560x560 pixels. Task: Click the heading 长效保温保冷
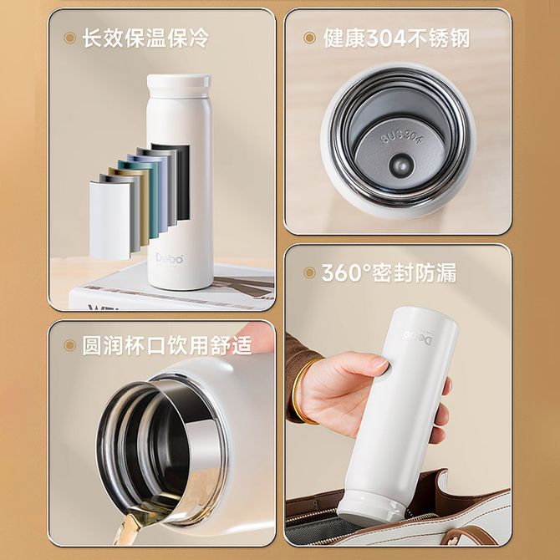[145, 38]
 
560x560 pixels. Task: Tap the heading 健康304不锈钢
[396, 38]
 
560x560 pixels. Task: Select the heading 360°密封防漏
[389, 273]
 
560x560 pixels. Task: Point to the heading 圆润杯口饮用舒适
[167, 345]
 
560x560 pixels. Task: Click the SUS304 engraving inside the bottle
[402, 136]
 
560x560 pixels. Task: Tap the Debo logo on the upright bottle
[170, 258]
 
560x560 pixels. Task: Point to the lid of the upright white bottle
[179, 85]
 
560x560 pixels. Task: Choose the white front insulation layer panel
[109, 221]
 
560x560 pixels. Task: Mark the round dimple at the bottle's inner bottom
[402, 165]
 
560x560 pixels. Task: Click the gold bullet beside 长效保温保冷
[69, 38]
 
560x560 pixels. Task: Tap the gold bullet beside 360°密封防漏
[309, 272]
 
